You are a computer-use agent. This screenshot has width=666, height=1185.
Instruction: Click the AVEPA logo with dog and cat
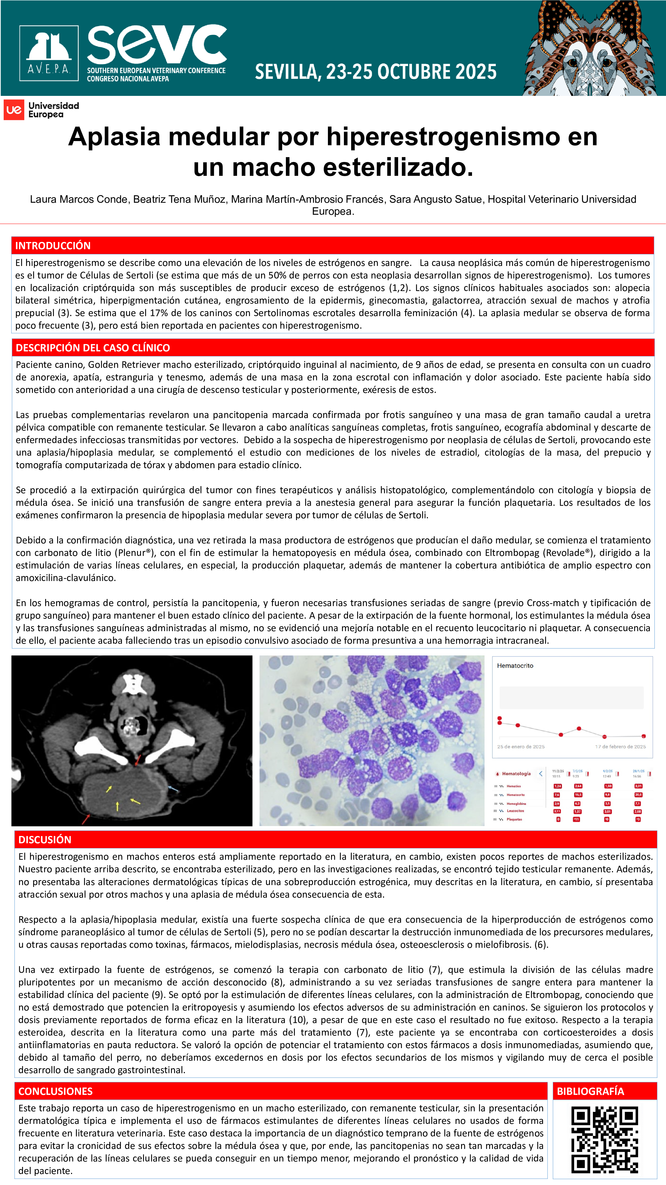pos(49,53)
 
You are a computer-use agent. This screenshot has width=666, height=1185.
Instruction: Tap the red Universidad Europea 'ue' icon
pos(14,110)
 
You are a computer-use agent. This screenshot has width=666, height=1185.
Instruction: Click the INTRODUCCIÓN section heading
pos(53,246)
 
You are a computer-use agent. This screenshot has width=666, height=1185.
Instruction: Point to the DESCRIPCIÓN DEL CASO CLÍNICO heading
pos(93,348)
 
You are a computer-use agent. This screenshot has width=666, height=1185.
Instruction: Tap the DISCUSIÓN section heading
pos(45,840)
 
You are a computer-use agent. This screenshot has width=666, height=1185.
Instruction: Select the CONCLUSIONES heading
pos(56,1091)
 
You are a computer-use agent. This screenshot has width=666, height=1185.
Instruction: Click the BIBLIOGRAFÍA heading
pos(590,1091)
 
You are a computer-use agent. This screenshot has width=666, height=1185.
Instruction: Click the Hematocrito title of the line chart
pos(515,666)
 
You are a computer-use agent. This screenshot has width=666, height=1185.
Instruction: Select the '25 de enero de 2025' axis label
pos(521,747)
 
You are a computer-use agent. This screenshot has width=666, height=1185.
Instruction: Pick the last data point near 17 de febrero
pos(644,736)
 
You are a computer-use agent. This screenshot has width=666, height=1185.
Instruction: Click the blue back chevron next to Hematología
pos(540,774)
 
